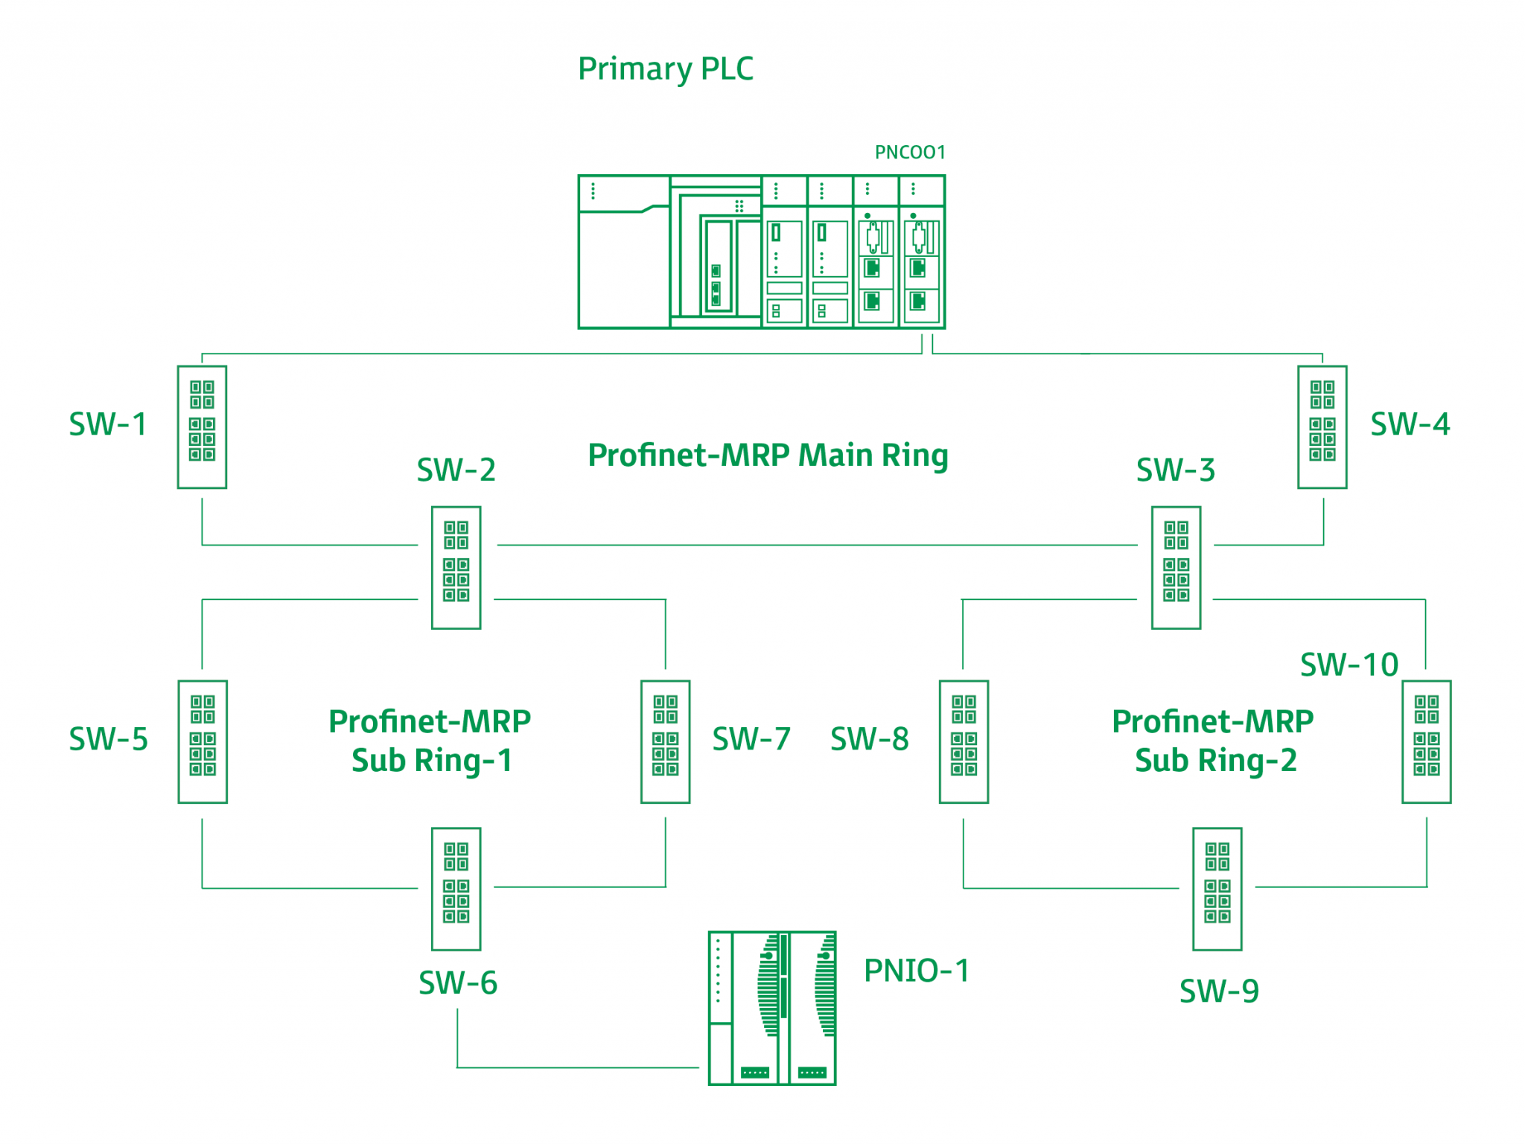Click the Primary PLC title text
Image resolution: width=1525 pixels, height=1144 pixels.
(665, 68)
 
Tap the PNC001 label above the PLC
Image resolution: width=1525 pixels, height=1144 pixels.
(909, 153)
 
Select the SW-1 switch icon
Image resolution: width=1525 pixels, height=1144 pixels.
(202, 426)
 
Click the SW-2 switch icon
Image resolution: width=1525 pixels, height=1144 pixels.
(456, 567)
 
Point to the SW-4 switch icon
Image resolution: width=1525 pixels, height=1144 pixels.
(1322, 426)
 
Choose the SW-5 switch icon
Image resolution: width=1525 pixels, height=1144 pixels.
(202, 741)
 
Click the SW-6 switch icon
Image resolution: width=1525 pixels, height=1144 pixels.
(456, 888)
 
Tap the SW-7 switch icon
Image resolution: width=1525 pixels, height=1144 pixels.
(665, 741)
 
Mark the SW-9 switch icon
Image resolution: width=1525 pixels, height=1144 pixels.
(1217, 888)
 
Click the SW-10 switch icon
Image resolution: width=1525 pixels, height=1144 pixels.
(1426, 741)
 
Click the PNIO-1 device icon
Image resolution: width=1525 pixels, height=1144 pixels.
(771, 1008)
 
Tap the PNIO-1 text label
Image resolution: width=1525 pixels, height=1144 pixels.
(916, 971)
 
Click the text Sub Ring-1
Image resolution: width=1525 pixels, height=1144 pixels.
(432, 761)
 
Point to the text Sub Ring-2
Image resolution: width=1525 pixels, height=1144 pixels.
(1215, 761)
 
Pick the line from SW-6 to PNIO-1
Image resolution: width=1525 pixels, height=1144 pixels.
(577, 1067)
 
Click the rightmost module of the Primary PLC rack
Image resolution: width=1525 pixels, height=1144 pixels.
(922, 253)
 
